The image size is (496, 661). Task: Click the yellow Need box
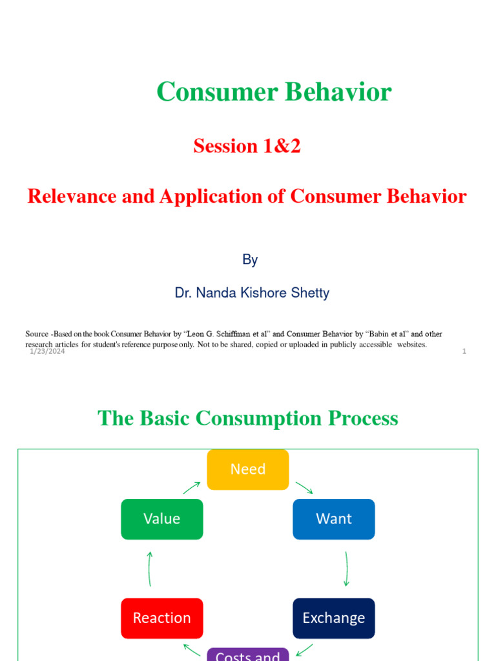[x=248, y=469]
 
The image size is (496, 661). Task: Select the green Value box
[x=161, y=519]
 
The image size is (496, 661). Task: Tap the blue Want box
[x=333, y=519]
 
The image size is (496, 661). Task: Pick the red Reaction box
[x=161, y=618]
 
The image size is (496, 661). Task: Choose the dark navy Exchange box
[x=333, y=618]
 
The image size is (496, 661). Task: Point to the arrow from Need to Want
[x=304, y=487]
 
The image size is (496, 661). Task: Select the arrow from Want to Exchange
[x=347, y=569]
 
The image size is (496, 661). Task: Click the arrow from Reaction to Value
[x=150, y=569]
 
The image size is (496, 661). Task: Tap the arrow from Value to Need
[x=192, y=487]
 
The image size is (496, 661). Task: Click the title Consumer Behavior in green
[x=274, y=92]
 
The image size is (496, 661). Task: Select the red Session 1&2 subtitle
[x=247, y=146]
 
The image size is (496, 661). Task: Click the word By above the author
[x=250, y=259]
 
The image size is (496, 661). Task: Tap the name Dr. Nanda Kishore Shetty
[x=252, y=292]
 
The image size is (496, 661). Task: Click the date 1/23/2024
[x=47, y=351]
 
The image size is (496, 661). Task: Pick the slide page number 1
[x=464, y=351]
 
